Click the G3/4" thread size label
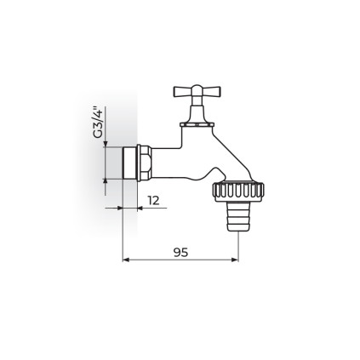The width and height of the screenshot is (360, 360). point(98,123)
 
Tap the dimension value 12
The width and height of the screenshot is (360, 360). point(153,201)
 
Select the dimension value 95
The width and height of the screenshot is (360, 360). point(180,252)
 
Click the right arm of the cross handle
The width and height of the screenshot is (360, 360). point(211,91)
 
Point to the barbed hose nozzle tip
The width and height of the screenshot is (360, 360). point(238,217)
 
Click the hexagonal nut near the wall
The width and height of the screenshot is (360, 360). point(144,163)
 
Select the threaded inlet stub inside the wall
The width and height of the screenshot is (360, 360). point(129,163)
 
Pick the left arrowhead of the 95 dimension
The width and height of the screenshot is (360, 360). point(126,260)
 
